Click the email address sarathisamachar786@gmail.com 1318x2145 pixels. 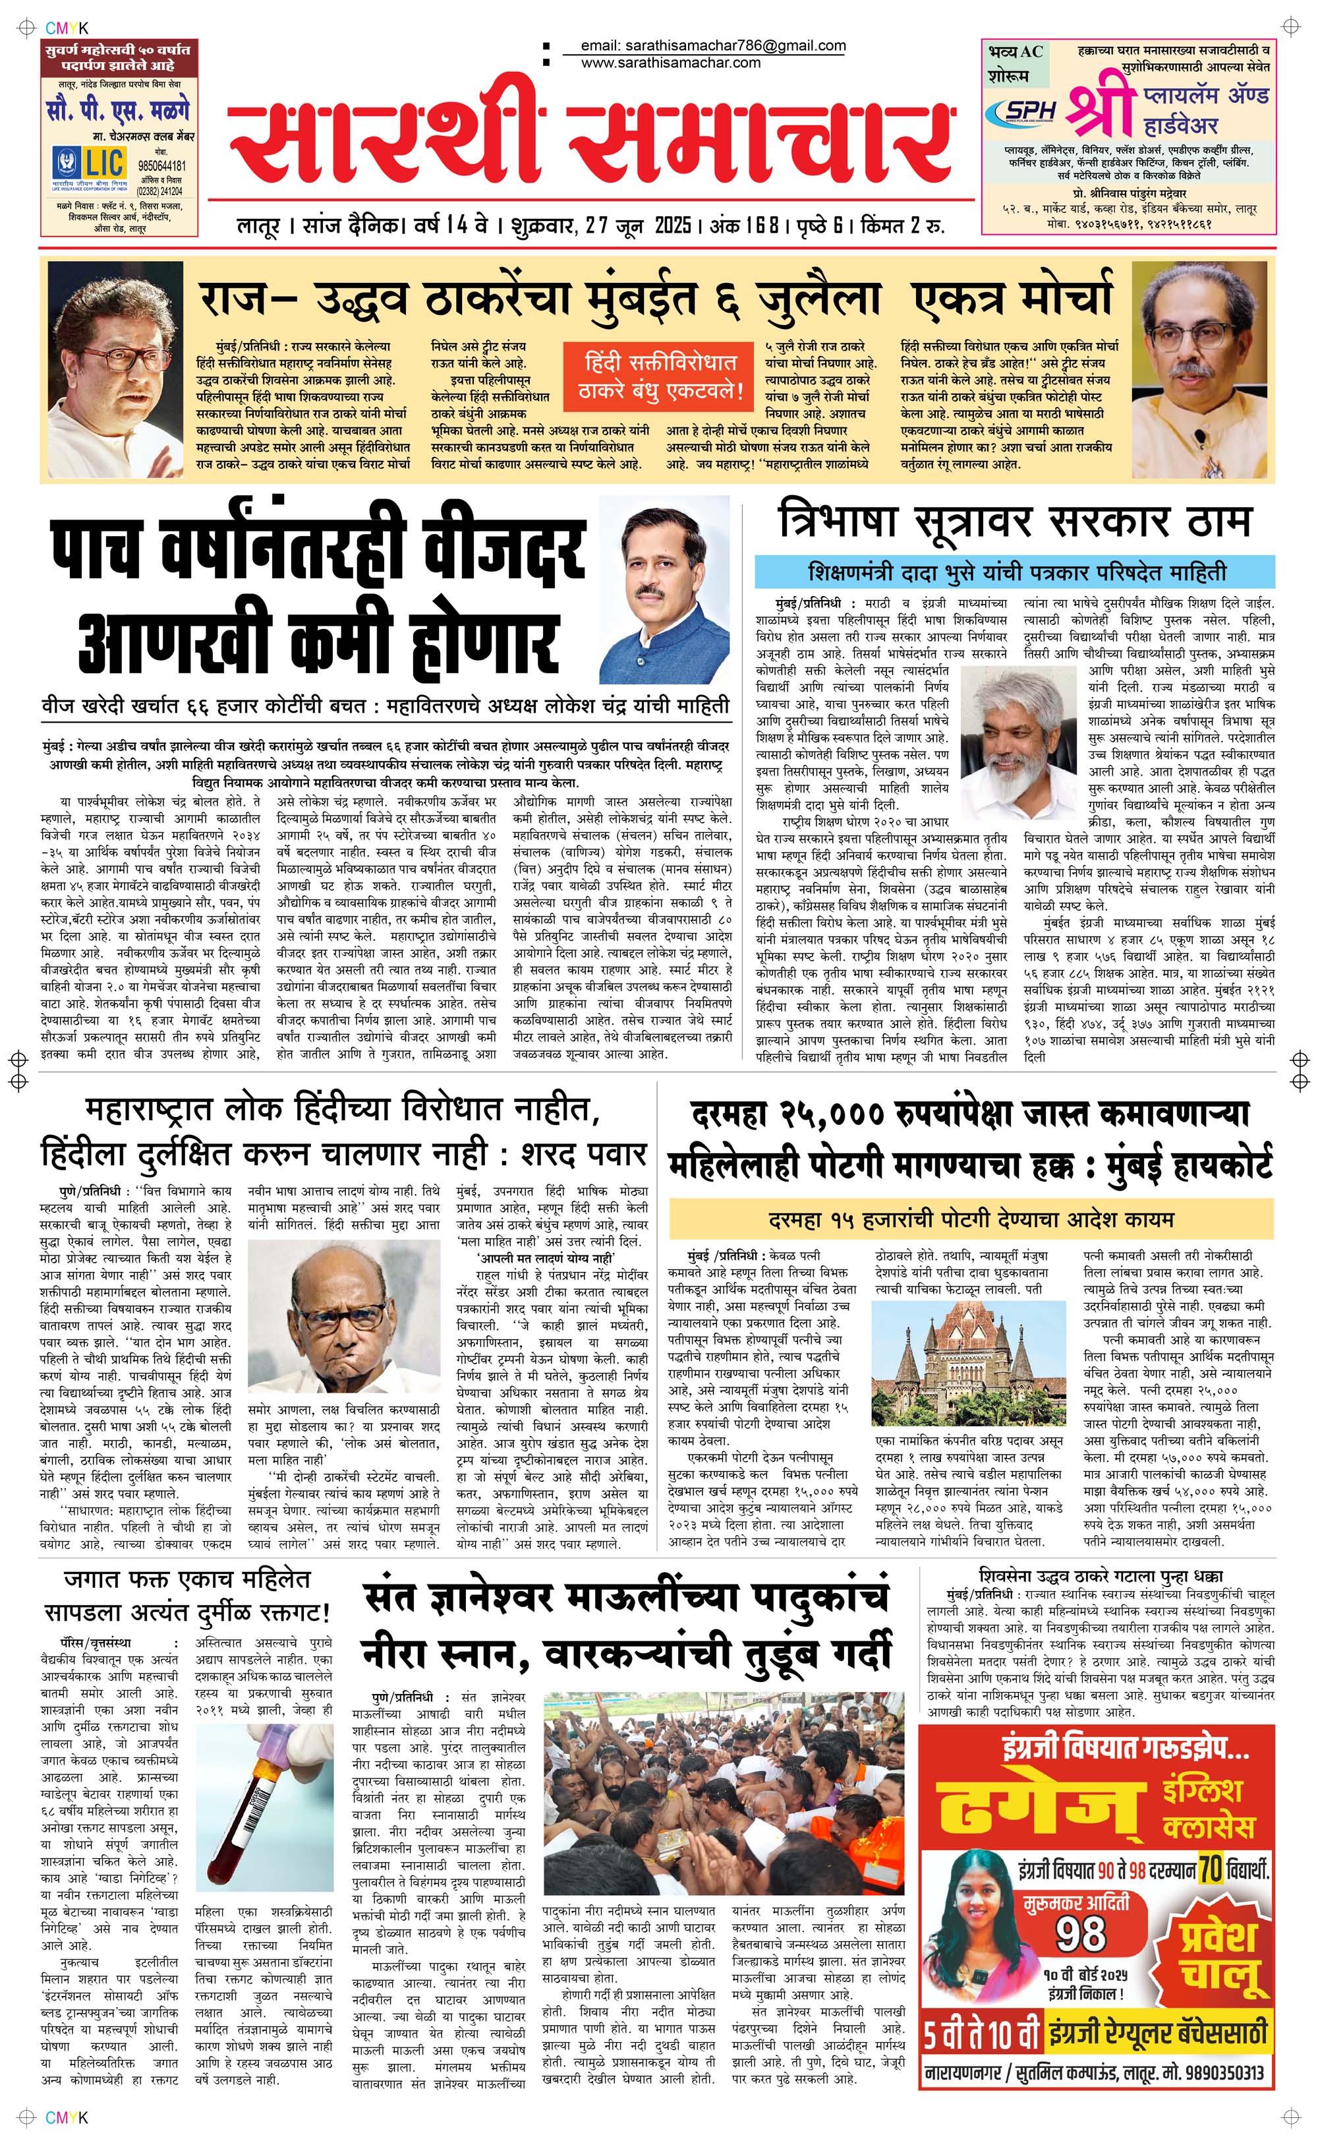(x=713, y=45)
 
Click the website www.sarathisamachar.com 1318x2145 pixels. (x=670, y=63)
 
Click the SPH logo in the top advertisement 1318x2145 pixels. (x=1020, y=111)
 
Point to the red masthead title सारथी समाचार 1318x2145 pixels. (x=591, y=140)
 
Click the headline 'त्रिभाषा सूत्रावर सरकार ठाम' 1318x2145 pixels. (x=1015, y=523)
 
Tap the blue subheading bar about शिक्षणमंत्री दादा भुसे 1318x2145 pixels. (x=1016, y=573)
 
